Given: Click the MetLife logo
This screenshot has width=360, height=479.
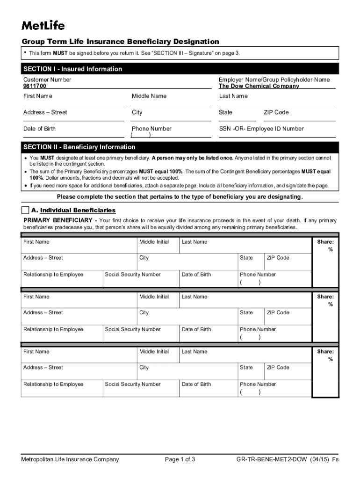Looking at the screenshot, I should point(43,25).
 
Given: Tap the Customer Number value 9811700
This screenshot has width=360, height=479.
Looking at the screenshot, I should point(35,87).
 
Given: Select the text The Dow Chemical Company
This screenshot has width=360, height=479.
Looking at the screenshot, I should point(259,87).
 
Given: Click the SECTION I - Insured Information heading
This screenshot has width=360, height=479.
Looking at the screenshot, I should point(72,69).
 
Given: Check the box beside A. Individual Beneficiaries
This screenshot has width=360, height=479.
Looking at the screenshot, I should point(25,210).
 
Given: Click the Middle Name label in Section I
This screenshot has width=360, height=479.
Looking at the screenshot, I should point(149,96).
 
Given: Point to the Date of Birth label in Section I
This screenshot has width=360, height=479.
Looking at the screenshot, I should point(40,129).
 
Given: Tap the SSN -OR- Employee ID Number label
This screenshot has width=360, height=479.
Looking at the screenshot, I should point(261,129).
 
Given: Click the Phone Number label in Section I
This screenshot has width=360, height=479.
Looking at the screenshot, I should point(151,129).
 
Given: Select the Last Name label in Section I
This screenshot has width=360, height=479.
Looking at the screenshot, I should point(233,96).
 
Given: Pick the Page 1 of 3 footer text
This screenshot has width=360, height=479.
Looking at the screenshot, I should point(180,459).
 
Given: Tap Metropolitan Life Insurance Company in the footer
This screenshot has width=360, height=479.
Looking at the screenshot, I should point(70,459).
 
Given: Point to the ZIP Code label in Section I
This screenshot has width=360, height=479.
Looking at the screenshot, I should point(276,112).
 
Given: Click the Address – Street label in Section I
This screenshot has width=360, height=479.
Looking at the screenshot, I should point(45,112).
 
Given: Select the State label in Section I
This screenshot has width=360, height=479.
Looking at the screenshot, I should point(225,112).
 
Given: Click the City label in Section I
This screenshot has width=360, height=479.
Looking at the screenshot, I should point(137,112).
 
